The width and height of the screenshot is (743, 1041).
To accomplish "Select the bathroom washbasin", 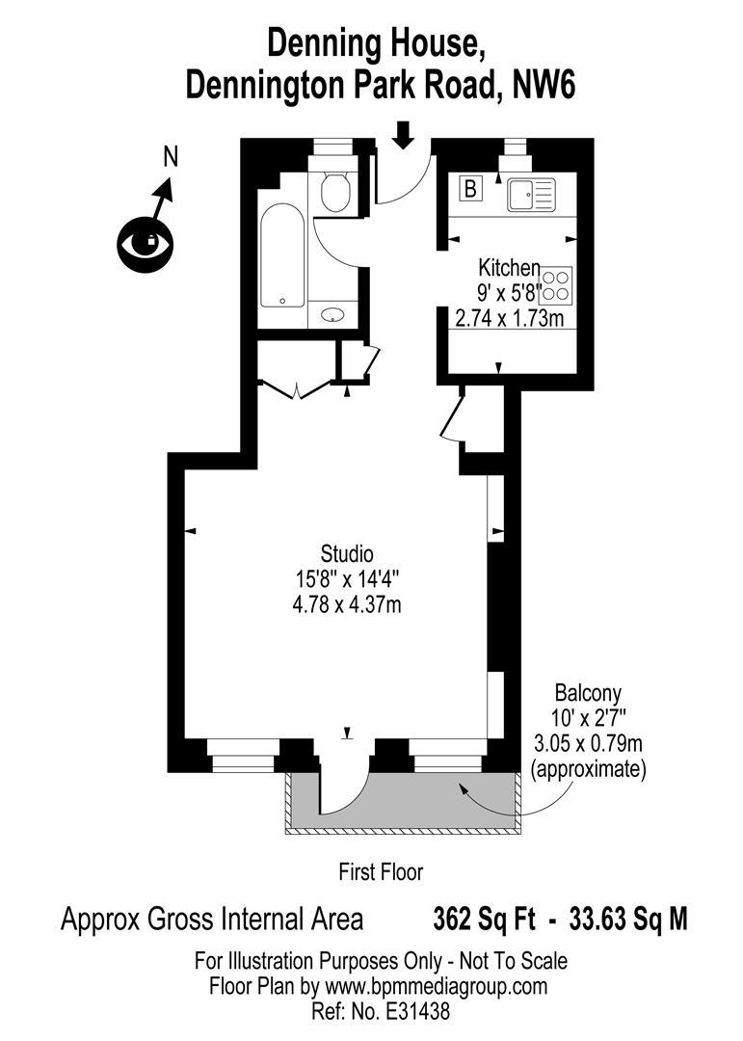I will coord(333,314).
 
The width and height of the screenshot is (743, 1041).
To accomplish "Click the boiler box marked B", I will coord(471,189).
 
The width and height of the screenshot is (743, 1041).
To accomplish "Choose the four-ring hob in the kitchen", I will coord(555,286).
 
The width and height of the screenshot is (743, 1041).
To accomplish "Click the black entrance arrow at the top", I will coord(404,135).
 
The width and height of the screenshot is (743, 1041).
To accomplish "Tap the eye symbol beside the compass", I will coord(145,242).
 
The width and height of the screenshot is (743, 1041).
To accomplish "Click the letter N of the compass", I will coord(171,157).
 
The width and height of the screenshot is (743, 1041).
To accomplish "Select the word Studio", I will coord(347,554).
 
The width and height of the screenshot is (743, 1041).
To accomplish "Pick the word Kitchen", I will coord(510,267).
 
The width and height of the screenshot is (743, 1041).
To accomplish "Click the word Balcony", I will coord(588,692).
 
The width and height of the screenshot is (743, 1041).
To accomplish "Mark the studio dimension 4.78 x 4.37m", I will coord(347,605).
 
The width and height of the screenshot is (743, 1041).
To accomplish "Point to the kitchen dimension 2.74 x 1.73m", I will coord(510,317).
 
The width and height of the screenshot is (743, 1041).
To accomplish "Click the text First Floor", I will coord(381,873).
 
